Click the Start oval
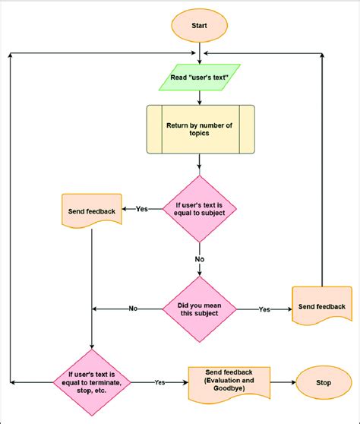pos(199,26)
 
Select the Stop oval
pos(324,381)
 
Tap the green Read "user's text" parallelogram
pos(199,77)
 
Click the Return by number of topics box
pos(199,130)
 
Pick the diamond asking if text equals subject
pos(199,208)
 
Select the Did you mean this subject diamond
pos(199,309)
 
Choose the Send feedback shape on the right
pos(321,306)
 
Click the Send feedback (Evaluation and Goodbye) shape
pos(228,381)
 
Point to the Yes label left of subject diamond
pos(142,208)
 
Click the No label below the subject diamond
pos(199,258)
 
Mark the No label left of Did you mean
pos(133,309)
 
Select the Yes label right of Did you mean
pos(264,309)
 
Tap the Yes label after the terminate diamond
pos(160,381)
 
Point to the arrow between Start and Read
pos(199,52)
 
